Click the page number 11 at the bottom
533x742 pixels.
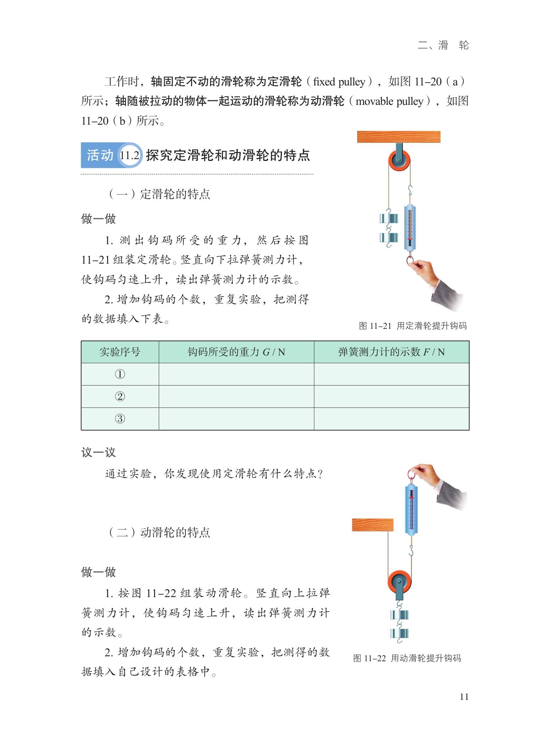pos(464,697)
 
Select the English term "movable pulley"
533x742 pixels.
pos(389,101)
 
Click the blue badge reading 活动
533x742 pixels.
pos(100,155)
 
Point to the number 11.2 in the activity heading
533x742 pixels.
pos(129,155)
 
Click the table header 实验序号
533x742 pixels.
pos(120,352)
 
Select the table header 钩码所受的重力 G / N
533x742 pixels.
pos(236,352)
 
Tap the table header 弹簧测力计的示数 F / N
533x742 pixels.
pos(391,352)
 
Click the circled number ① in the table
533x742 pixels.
pos(120,374)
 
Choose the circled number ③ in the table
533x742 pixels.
pos(120,419)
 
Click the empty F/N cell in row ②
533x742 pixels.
pos(391,397)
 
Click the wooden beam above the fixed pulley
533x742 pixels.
pos(398,137)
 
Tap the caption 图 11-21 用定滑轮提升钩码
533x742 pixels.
pos(413,326)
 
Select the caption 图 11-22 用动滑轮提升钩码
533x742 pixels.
pos(407,658)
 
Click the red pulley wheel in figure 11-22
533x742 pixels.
pos(399,582)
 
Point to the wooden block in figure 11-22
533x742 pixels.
pos(372,525)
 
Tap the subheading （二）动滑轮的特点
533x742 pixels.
pos(158,532)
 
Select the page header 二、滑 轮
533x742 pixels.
pos(443,45)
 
